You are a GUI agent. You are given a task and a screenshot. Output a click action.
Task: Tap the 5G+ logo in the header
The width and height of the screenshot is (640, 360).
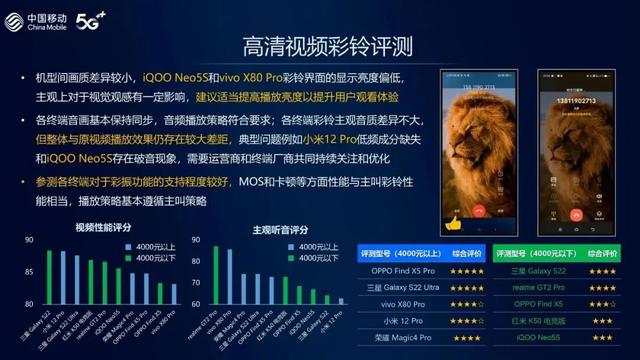(92, 20)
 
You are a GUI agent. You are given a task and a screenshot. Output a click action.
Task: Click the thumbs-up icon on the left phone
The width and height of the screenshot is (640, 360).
(452, 220)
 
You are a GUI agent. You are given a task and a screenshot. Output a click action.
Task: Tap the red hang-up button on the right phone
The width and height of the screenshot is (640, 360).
(579, 214)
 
